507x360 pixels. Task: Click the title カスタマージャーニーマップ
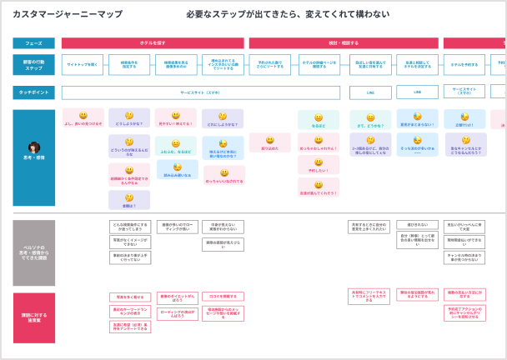point(67,14)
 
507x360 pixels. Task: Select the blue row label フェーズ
point(33,43)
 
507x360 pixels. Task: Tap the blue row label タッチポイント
point(33,92)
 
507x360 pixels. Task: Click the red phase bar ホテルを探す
point(153,43)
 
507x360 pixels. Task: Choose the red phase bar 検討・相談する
point(344,43)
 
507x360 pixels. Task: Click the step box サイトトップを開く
point(83,65)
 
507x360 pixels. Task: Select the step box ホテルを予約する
point(464,65)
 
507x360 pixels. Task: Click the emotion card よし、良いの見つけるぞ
point(83,119)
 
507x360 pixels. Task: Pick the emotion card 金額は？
point(129,200)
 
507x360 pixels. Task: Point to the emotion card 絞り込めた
point(269,143)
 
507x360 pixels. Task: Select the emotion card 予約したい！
point(319,166)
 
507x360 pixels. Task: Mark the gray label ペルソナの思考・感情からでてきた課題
point(33,252)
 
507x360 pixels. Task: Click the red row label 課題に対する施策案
point(33,317)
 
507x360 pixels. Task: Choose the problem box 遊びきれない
point(417,225)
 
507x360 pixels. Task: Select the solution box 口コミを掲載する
point(223,297)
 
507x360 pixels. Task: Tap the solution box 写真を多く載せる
point(129,297)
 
